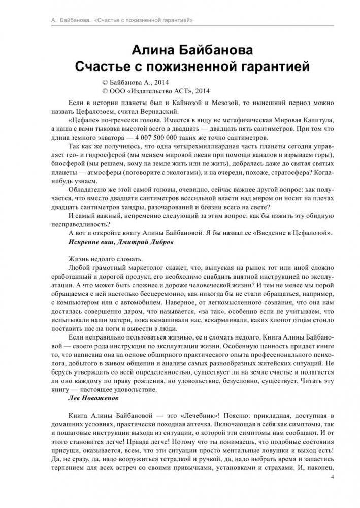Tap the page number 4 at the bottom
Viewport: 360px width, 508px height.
point(332,477)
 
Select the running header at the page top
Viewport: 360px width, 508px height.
point(111,20)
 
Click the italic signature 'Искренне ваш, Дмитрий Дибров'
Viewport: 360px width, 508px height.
point(120,243)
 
